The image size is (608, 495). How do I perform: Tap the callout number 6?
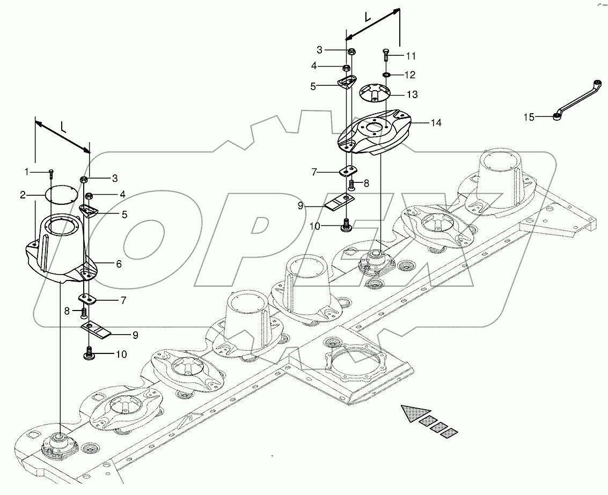click(x=119, y=264)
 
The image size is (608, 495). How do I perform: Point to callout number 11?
click(x=411, y=56)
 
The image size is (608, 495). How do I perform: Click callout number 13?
click(x=412, y=95)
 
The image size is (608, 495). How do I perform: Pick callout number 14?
click(x=436, y=123)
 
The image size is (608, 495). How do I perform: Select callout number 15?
click(x=529, y=117)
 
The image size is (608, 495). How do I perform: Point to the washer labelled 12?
click(x=386, y=74)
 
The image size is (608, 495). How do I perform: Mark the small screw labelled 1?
click(x=51, y=173)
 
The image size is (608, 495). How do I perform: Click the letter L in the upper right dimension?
click(x=367, y=17)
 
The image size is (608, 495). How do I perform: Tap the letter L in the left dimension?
click(x=63, y=127)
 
